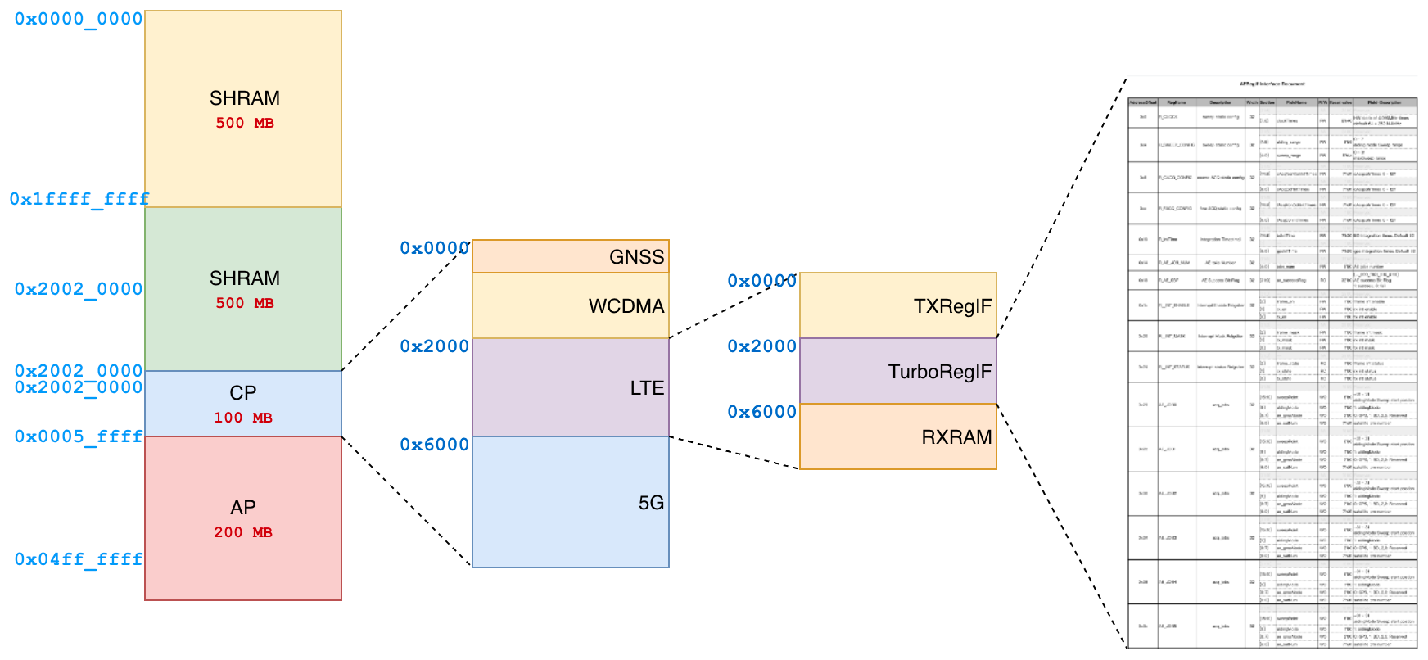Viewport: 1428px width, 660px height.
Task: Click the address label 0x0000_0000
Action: (x=79, y=19)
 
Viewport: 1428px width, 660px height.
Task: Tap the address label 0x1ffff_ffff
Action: (x=79, y=199)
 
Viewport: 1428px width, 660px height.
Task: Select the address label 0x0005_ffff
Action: (x=79, y=436)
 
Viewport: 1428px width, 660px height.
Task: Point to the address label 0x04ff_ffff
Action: (x=79, y=559)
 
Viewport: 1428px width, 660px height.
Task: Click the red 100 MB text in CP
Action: (x=243, y=418)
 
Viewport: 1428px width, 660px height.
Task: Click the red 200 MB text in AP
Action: (x=243, y=532)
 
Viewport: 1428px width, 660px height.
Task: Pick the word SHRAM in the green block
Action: (x=244, y=278)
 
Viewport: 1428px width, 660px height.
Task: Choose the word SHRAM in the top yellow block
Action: (x=244, y=98)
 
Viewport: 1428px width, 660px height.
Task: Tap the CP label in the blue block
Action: (x=243, y=393)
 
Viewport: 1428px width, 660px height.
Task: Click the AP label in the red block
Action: (x=243, y=508)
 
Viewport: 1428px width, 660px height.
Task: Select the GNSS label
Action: (x=636, y=257)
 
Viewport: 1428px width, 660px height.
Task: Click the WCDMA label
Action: (x=626, y=306)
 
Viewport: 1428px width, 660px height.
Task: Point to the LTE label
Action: (x=647, y=388)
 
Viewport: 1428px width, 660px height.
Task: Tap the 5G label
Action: (x=651, y=503)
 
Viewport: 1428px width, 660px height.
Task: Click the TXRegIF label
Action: (x=952, y=306)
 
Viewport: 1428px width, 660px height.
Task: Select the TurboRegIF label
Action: (x=939, y=372)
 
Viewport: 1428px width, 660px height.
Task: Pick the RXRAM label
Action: (x=956, y=437)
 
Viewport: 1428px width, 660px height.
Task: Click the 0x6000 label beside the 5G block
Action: (x=435, y=445)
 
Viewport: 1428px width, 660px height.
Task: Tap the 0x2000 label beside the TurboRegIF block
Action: (x=762, y=346)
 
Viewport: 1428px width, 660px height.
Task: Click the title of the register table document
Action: (x=1272, y=84)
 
